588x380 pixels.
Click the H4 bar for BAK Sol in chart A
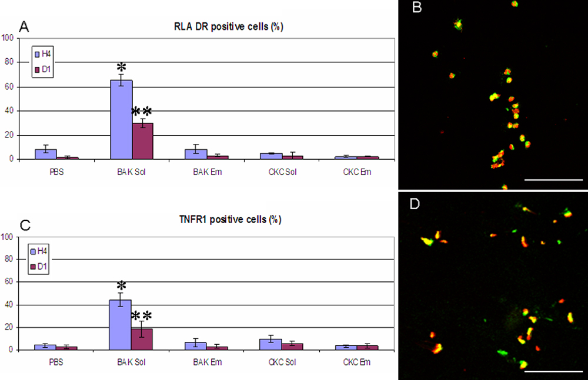coord(121,120)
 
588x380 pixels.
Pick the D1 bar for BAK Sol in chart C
coord(142,339)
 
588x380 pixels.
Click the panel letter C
coord(25,225)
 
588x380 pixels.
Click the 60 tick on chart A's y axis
coord(7,87)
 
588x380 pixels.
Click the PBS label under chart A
coord(56,172)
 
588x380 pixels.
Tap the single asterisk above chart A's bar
coord(122,66)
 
